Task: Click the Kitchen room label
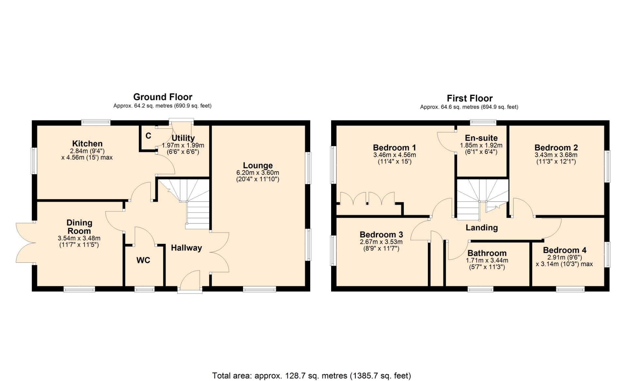[x=87, y=143]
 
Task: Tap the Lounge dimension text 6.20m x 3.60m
[x=258, y=173]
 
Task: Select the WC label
[x=143, y=260]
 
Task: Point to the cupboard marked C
[x=148, y=136]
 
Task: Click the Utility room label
[x=183, y=138]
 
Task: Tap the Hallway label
[x=186, y=248]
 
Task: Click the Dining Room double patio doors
[x=25, y=242]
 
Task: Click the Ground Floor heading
[x=163, y=97]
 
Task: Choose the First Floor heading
[x=470, y=98]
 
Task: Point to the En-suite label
[x=481, y=138]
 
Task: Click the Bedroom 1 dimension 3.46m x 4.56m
[x=394, y=155]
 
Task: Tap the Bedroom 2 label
[x=556, y=147]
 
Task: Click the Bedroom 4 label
[x=565, y=250]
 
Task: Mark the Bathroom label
[x=487, y=253]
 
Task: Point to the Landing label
[x=482, y=228]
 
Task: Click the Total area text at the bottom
[x=312, y=376]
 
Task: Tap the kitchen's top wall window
[x=96, y=123]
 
